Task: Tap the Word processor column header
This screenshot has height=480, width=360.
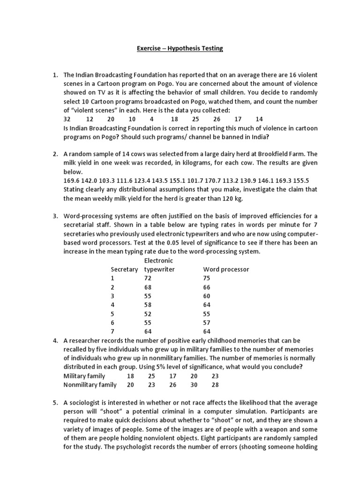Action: [226, 270]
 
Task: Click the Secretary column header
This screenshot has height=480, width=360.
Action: [124, 270]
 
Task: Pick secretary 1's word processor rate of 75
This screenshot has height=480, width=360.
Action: [207, 278]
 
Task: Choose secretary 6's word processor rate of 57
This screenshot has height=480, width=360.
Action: [207, 322]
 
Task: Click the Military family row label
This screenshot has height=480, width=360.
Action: [84, 376]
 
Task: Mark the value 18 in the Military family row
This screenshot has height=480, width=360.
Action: [130, 376]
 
